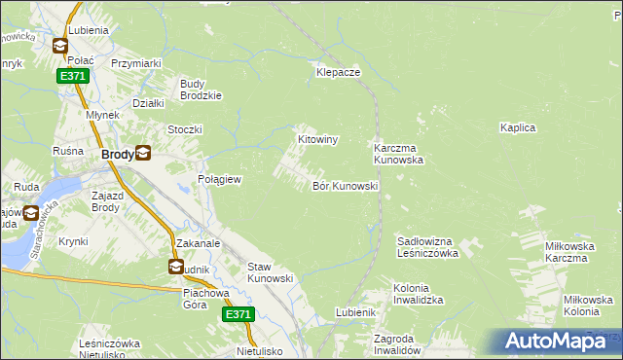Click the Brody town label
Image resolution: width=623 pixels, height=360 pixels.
point(118,154)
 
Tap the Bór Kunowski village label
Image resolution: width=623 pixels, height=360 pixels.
point(345,185)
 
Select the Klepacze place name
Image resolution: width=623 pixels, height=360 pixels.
point(339,72)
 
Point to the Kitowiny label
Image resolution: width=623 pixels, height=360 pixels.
point(317,140)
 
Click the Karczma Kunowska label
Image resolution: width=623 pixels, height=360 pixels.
point(398,154)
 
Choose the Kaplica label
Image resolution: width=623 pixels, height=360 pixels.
point(519,127)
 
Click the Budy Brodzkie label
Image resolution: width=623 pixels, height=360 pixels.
point(202,89)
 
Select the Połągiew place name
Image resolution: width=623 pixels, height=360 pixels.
point(220,180)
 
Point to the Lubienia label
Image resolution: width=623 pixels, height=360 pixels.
point(87,30)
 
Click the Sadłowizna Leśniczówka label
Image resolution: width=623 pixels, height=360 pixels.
point(428,246)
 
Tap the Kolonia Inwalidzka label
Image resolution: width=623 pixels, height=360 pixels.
point(419,295)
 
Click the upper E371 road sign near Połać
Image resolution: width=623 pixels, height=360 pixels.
point(71,76)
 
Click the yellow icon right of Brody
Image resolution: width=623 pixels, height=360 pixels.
point(144,152)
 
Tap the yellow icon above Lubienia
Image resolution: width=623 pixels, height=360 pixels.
point(60,45)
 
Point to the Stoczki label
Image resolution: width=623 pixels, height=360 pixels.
point(184,129)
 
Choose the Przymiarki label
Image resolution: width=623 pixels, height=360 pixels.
point(136,63)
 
